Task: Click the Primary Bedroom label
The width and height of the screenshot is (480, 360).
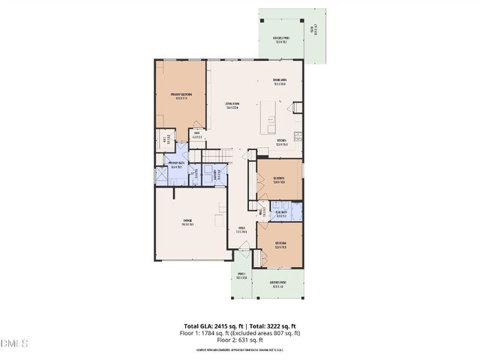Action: [x=181, y=95]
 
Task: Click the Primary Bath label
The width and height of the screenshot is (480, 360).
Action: [x=177, y=166]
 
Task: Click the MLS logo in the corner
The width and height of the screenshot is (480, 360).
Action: [x=13, y=344]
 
